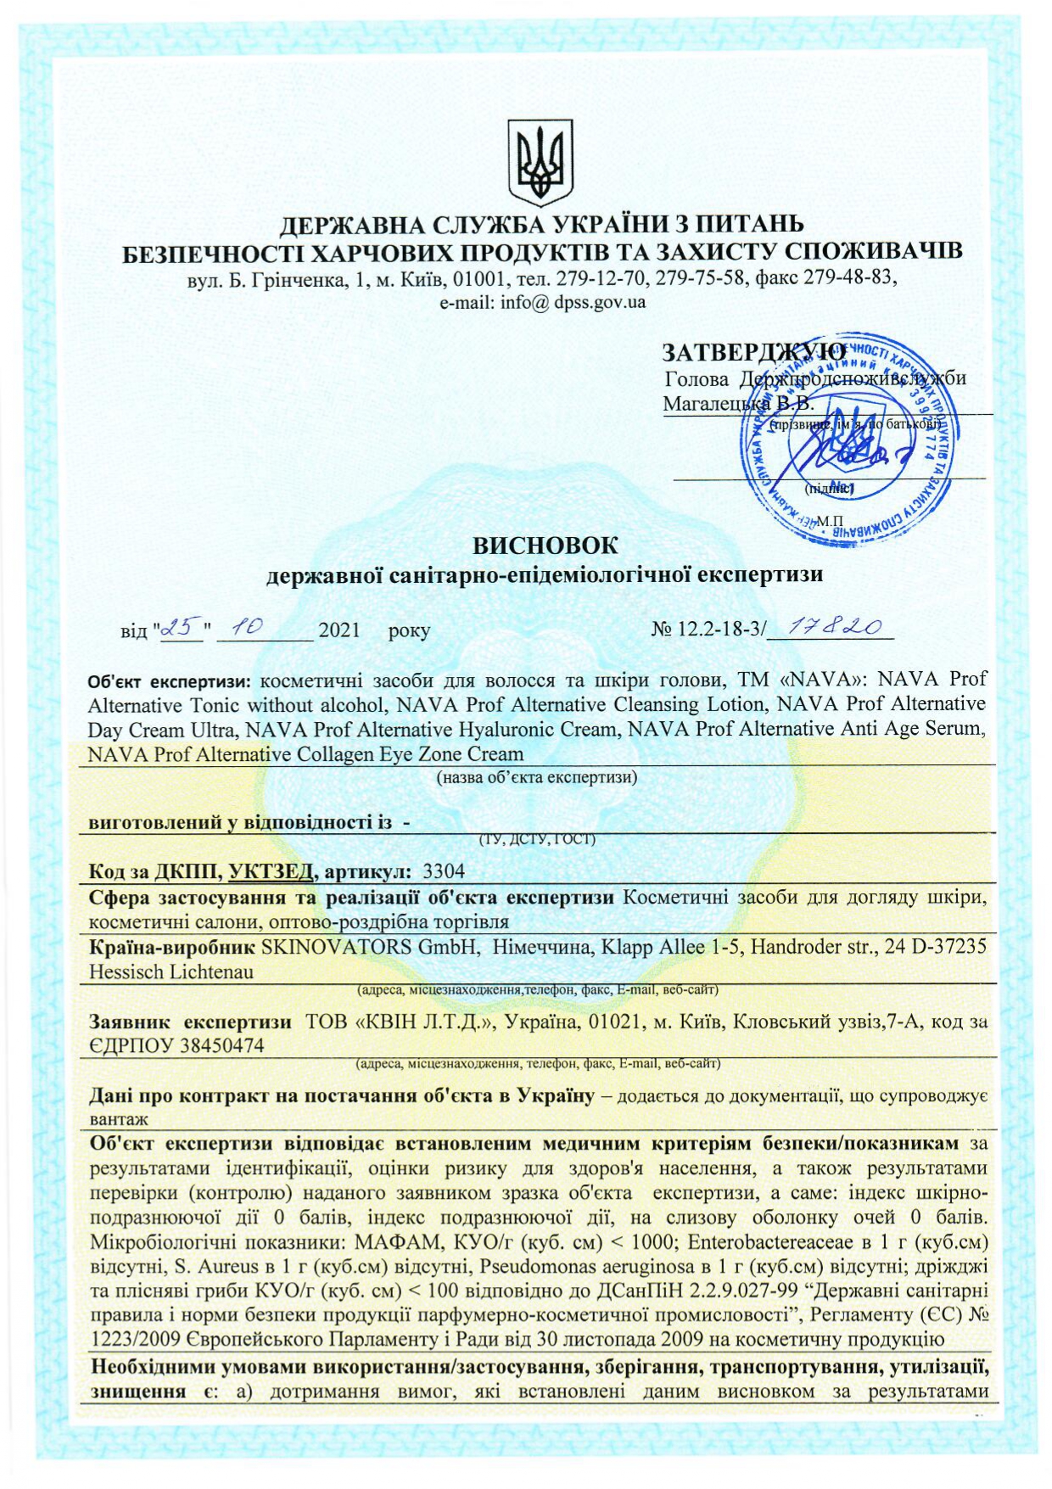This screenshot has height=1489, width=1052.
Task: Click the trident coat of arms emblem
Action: click(540, 161)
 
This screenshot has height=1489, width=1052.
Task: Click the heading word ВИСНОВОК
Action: click(545, 545)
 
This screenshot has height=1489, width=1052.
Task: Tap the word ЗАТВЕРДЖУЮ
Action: click(753, 351)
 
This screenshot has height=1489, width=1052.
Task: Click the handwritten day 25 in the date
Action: click(181, 627)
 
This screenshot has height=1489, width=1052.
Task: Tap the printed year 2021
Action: click(339, 630)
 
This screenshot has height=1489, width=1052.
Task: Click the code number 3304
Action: click(443, 871)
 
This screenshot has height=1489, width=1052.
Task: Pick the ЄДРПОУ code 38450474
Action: click(221, 1046)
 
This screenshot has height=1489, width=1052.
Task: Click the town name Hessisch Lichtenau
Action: click(171, 972)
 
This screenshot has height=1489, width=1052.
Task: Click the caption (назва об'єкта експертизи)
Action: click(536, 777)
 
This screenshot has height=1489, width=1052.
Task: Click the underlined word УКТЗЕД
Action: click(271, 871)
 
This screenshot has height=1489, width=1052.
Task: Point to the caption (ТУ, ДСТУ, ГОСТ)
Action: click(538, 840)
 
